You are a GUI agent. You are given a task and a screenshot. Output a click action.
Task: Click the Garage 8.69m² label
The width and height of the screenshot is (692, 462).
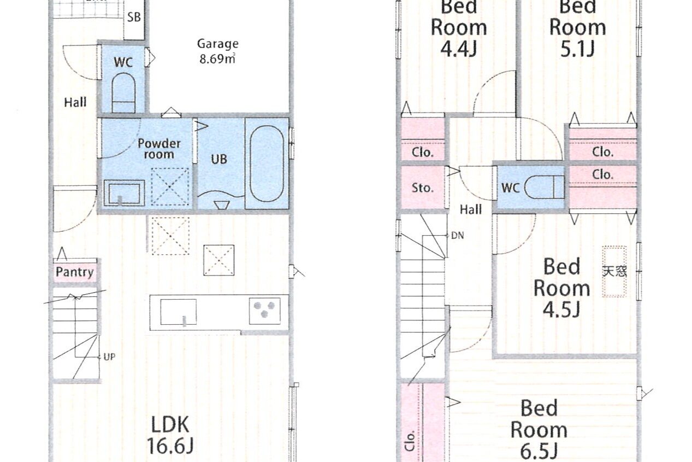pos(218,51)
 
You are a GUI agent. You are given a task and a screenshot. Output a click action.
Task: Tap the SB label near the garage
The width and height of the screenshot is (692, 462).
pos(134,17)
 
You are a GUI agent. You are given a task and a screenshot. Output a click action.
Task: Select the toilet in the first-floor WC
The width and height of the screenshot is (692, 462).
pos(123,93)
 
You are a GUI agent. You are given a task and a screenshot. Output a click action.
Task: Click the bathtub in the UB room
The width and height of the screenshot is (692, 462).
pos(267,163)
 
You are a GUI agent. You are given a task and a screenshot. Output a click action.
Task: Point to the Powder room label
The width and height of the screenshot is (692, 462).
pos(159,149)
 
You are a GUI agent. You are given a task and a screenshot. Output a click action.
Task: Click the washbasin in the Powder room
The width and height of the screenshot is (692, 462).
pos(124,192)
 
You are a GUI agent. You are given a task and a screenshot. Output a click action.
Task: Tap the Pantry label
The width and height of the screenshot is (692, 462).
pos(74,272)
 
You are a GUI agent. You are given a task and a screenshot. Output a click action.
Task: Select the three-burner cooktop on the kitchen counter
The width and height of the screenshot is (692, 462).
pos(265,311)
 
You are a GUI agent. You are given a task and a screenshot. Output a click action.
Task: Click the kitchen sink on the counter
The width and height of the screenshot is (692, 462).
pos(178,312)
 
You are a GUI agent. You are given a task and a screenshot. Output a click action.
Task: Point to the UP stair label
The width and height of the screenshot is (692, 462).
pos(109,357)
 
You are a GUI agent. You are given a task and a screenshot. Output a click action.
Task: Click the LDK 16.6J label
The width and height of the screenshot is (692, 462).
pos(170,435)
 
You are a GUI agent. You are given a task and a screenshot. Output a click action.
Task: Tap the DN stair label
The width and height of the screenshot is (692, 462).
pos(458,236)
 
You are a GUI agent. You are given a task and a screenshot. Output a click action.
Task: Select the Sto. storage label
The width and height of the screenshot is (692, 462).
pos(422,188)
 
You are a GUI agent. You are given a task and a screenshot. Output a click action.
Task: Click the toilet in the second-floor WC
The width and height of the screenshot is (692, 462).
pos(545,188)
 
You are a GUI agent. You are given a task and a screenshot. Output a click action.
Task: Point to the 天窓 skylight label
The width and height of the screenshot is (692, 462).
pos(614,271)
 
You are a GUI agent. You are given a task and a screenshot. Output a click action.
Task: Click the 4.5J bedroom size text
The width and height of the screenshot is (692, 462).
pos(561,309)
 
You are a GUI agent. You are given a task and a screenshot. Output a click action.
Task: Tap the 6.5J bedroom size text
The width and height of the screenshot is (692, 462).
pos(539,452)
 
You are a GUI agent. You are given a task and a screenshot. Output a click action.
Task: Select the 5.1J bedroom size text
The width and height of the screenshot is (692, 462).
pos(577,49)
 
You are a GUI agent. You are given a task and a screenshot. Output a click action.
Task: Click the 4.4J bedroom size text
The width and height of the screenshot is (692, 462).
pos(458,49)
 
